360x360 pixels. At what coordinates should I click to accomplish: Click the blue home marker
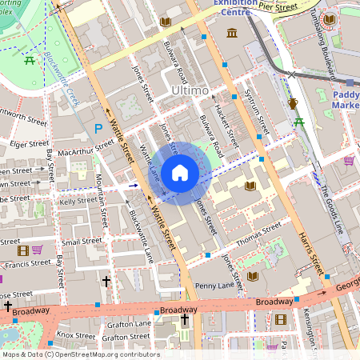pyautogui.click(x=180, y=172)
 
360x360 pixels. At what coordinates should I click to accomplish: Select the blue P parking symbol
pyautogui.click(x=99, y=128)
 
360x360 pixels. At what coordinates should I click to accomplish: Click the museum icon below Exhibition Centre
pyautogui.click(x=232, y=33)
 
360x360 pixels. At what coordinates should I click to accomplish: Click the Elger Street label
pyautogui.click(x=30, y=145)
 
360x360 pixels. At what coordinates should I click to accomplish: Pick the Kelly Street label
pyautogui.click(x=78, y=201)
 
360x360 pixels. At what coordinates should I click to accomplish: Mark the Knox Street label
pyautogui.click(x=75, y=336)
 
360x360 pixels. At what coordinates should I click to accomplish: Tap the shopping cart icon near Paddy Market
pyautogui.click(x=349, y=161)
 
